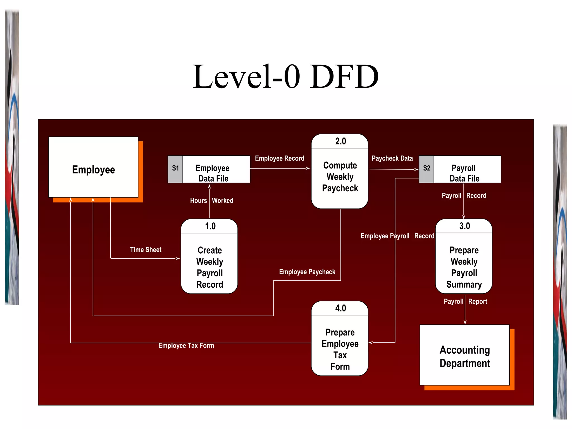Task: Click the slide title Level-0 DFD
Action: [285, 77]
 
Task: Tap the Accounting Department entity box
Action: [465, 356]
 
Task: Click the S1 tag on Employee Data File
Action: [175, 168]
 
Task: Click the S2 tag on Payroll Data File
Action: [426, 168]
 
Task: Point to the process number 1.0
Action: [210, 226]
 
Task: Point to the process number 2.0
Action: [340, 141]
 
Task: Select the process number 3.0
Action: [464, 226]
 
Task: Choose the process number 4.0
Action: [340, 308]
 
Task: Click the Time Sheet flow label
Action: [146, 250]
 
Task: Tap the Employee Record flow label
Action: [280, 158]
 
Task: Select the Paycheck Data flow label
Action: [392, 158]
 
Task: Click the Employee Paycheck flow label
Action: [307, 272]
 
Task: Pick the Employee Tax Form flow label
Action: [186, 345]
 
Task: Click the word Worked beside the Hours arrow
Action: [223, 201]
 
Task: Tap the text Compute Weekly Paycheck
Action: [340, 177]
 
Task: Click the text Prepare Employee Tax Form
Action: [340, 349]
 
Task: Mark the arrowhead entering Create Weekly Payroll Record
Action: [178, 258]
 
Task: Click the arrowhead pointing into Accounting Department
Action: [465, 322]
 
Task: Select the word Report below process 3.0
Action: [478, 302]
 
